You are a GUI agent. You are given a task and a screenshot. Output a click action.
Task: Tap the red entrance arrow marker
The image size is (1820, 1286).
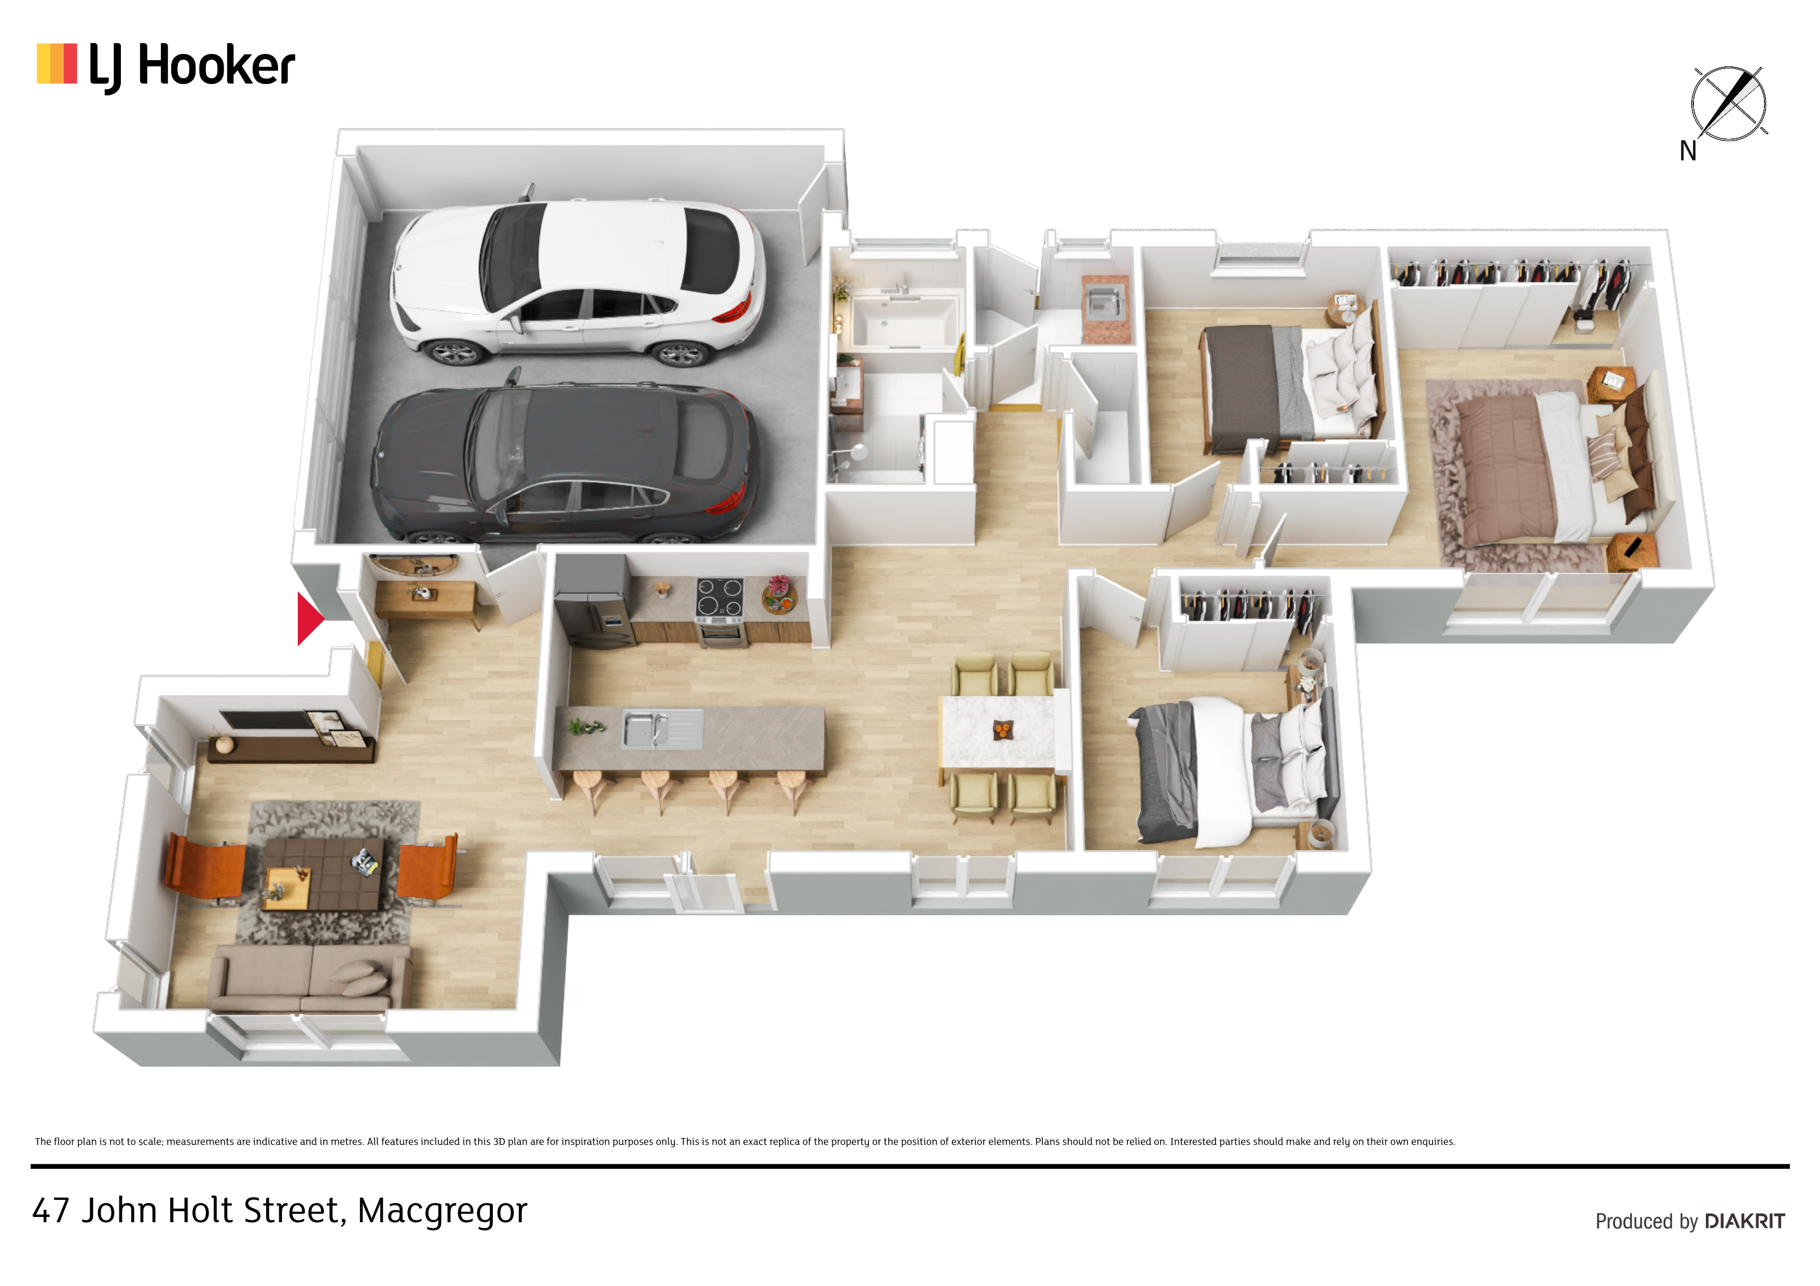pyautogui.click(x=310, y=619)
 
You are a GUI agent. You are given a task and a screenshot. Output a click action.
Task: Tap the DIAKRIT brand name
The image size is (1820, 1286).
pyautogui.click(x=1745, y=1221)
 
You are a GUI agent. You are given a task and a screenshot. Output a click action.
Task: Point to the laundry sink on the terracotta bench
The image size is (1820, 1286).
pyautogui.click(x=1106, y=302)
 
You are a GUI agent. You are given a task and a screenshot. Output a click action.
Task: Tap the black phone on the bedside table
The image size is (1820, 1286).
pyautogui.click(x=1633, y=547)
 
